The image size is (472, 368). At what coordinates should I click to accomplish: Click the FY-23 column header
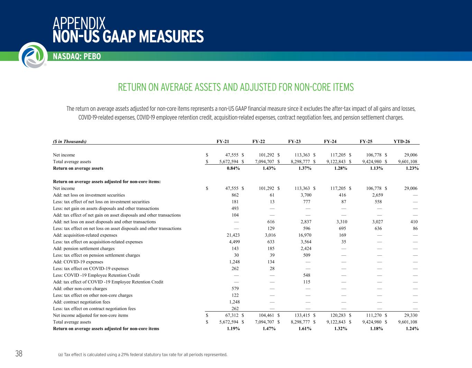tap(294, 141)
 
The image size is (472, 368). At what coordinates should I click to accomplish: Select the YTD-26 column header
tap(401, 141)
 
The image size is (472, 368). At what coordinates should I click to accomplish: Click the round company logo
tap(33, 55)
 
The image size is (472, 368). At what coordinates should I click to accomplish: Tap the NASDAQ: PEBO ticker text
tap(77, 56)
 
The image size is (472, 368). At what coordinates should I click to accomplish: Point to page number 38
tap(19, 353)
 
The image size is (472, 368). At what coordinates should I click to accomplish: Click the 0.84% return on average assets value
tap(233, 168)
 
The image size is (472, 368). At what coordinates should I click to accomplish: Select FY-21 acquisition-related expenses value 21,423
tap(233, 235)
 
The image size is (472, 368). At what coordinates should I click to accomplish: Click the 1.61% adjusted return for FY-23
tap(305, 328)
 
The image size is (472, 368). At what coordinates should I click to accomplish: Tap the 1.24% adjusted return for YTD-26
tap(412, 328)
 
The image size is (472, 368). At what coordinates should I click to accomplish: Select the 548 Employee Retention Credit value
tap(307, 275)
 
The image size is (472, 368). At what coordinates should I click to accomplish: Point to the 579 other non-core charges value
tap(235, 289)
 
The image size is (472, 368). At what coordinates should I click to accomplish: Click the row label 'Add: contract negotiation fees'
tap(82, 302)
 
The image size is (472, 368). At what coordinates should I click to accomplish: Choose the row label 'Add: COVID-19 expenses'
tap(78, 262)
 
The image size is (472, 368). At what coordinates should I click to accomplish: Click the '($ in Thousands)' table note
tap(70, 141)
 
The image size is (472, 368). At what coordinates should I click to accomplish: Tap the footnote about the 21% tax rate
tap(143, 355)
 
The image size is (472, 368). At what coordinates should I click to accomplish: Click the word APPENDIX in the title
tap(79, 23)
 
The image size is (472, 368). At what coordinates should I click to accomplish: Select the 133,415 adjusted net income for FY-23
tap(302, 315)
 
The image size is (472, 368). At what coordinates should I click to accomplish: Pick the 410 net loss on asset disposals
tap(414, 222)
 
